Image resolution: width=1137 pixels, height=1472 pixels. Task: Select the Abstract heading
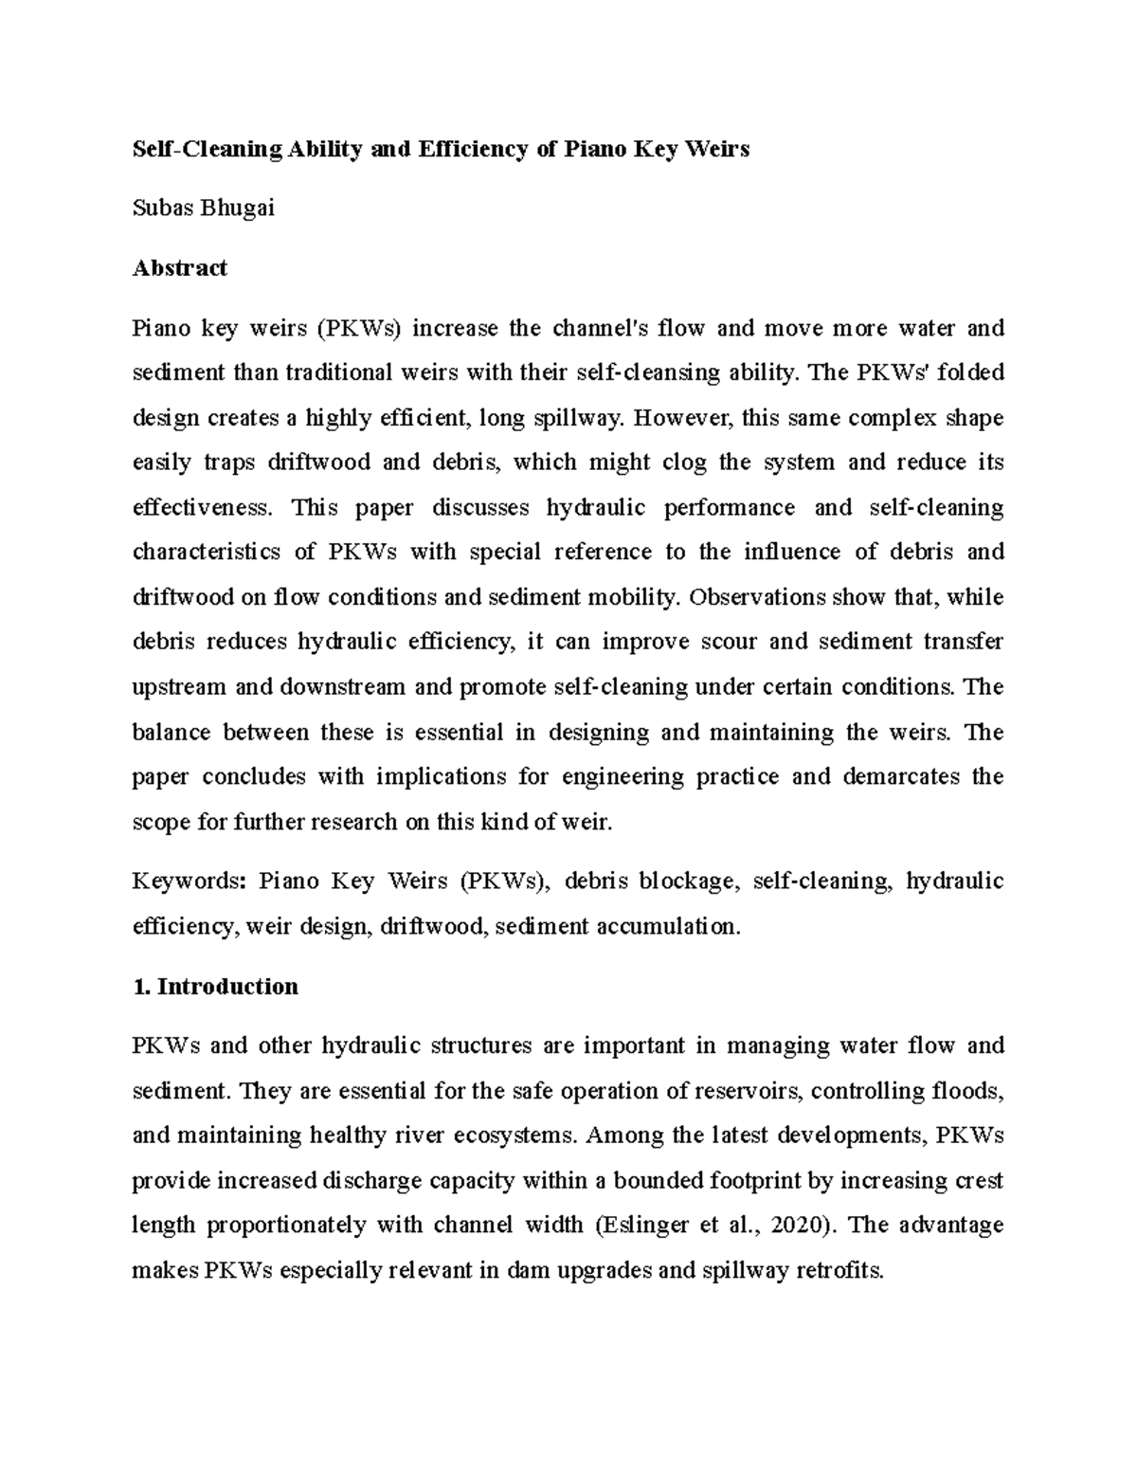[x=179, y=268]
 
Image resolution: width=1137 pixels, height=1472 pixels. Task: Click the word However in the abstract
[x=677, y=418]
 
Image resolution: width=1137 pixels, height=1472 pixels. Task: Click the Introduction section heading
[x=227, y=987]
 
